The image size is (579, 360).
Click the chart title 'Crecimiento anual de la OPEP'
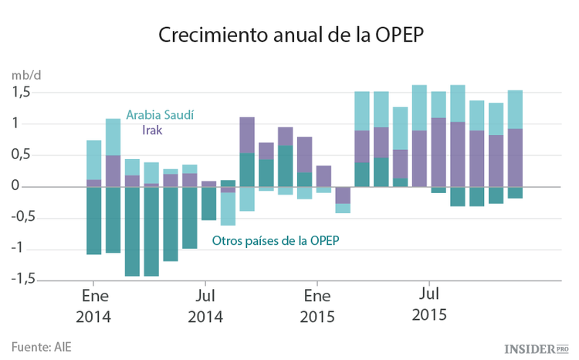pos(289,36)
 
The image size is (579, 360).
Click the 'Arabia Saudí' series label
pos(160,114)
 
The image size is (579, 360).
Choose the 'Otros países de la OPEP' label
pos(276,240)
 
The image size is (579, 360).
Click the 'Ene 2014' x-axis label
pos(93,306)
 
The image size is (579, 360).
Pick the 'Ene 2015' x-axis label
pos(317,306)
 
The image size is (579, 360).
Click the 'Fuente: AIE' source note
pos(41,346)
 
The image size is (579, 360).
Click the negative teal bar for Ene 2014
pos(93,220)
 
